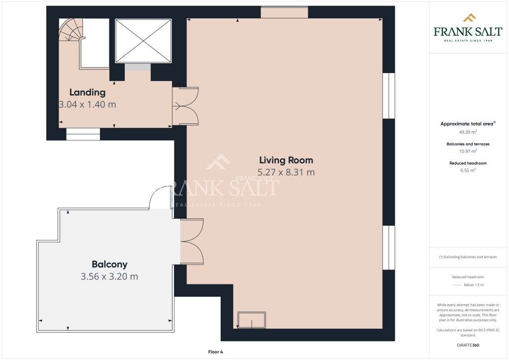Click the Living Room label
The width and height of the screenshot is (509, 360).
pyautogui.click(x=286, y=160)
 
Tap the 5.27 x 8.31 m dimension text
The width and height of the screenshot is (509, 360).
pyautogui.click(x=286, y=173)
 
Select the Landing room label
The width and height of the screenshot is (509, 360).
pyautogui.click(x=87, y=92)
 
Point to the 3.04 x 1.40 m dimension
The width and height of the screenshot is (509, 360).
pyautogui.click(x=87, y=104)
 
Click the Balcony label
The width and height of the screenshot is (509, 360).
pyautogui.click(x=109, y=264)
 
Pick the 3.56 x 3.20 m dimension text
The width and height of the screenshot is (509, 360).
pyautogui.click(x=109, y=276)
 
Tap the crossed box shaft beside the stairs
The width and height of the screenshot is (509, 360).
pyautogui.click(x=143, y=41)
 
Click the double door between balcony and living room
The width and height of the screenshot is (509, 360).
pyautogui.click(x=191, y=242)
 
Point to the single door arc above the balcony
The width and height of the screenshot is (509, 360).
pyautogui.click(x=160, y=196)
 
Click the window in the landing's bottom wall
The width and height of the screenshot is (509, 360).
pyautogui.click(x=83, y=134)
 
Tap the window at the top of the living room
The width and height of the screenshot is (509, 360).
pyautogui.click(x=284, y=12)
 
